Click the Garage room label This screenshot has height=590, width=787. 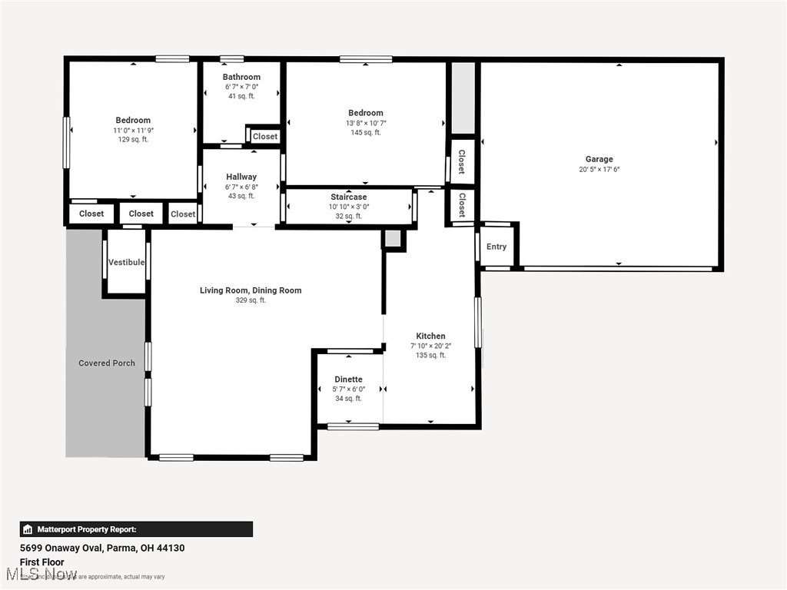599,159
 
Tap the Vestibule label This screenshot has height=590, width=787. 126,262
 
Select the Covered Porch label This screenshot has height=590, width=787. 107,363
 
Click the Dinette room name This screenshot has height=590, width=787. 348,380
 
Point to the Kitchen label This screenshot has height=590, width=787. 430,336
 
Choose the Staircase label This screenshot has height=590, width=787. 348,197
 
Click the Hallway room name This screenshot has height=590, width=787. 241,177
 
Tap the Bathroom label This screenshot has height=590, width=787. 241,77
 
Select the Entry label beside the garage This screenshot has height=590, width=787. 496,247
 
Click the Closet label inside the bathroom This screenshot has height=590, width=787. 265,137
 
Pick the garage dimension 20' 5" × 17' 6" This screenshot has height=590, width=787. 599,170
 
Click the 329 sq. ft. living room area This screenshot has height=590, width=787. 251,300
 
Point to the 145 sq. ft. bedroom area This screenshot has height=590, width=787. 365,133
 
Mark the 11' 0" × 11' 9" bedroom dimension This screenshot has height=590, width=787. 133,131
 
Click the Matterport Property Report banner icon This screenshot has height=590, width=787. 28,529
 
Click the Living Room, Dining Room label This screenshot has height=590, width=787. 251,290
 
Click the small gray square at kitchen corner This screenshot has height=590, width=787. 393,239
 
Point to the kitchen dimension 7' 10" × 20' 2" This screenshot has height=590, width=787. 430,346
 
